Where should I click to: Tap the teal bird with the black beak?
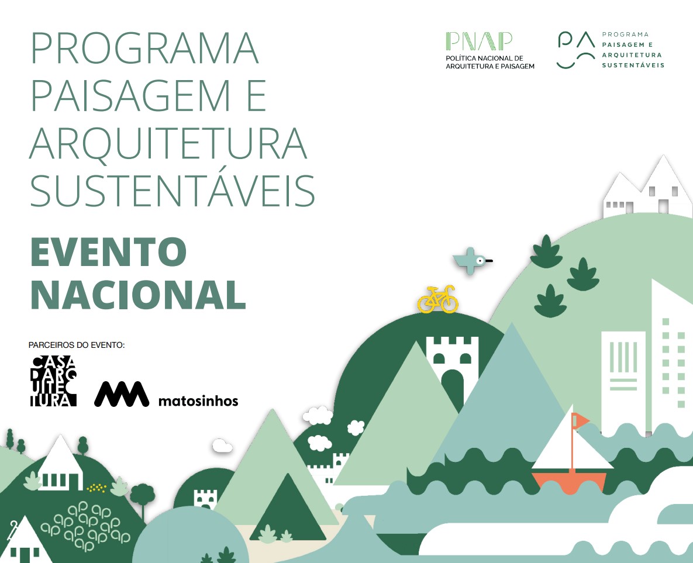(x=471, y=261)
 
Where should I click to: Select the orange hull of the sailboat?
(x=570, y=481)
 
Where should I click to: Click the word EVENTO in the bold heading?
(x=108, y=252)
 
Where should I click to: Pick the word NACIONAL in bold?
(x=138, y=295)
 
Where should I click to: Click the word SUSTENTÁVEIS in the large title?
(x=173, y=191)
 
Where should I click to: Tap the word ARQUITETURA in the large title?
(x=168, y=144)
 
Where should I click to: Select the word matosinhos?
(x=198, y=401)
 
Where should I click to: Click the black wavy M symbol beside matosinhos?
(x=122, y=393)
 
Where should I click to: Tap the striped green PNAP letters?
(x=479, y=41)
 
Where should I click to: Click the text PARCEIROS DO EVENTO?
(x=77, y=345)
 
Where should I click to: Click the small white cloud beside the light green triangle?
(x=222, y=446)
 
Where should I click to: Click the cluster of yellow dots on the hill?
(x=96, y=488)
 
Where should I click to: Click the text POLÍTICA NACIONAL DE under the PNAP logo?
(x=484, y=58)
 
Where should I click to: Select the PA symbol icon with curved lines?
(x=575, y=50)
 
